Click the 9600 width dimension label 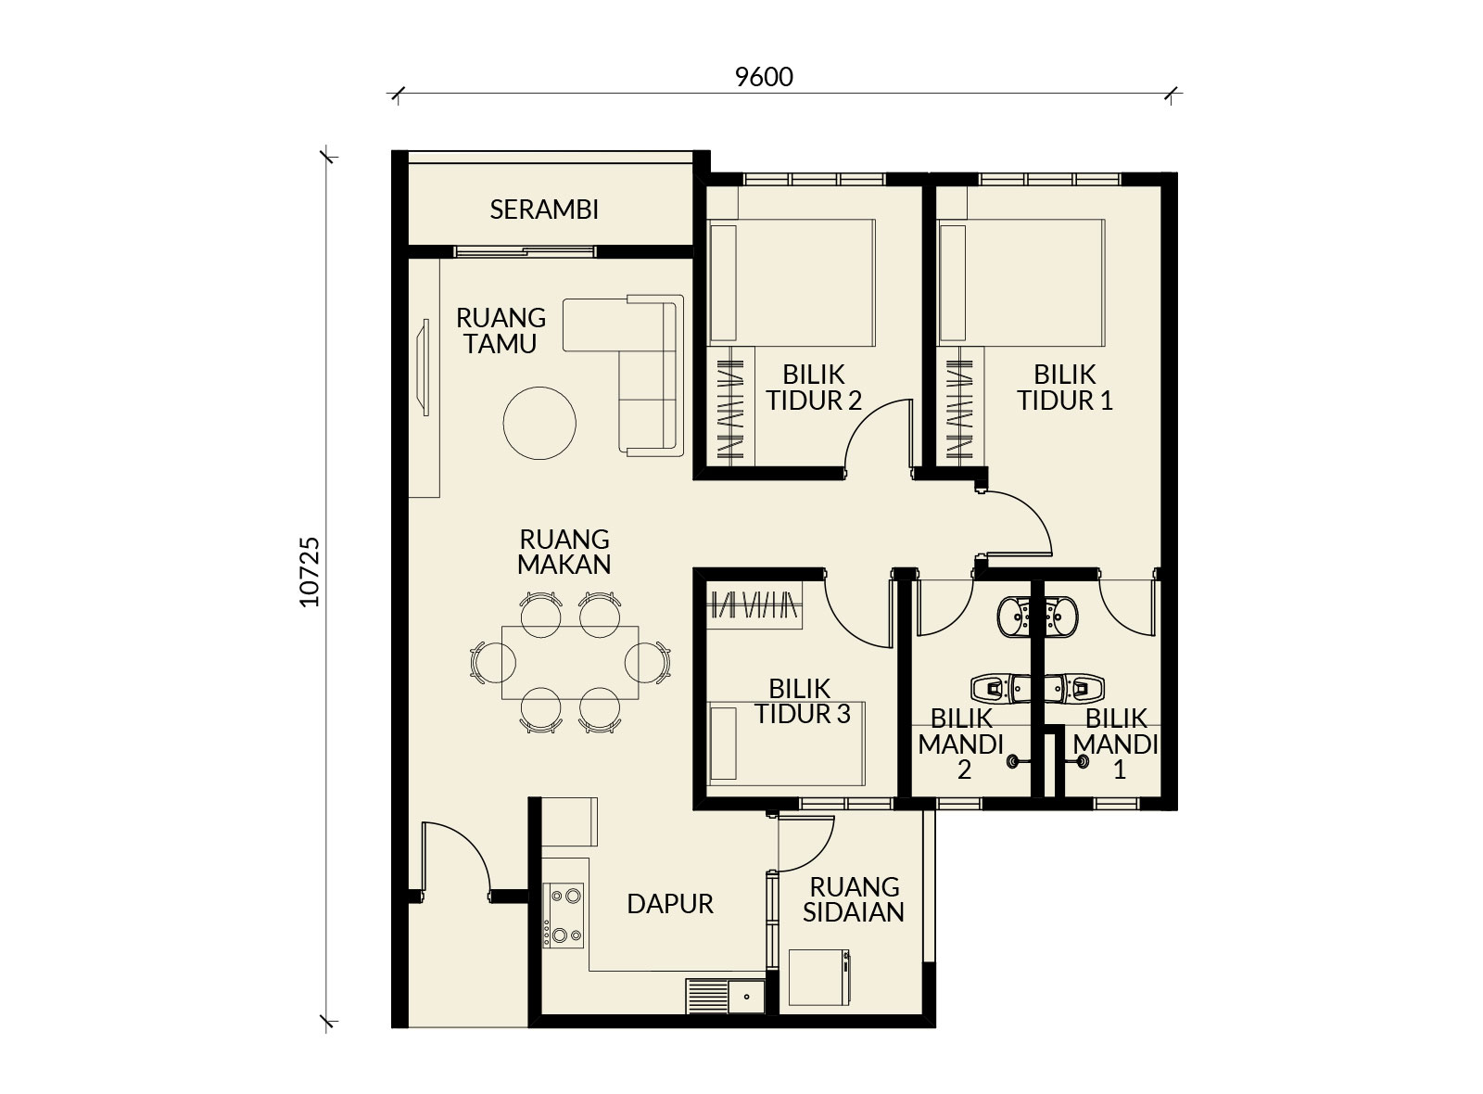[x=764, y=78]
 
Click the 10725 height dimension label [x=310, y=572]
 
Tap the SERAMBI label [x=543, y=210]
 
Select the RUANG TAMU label [x=501, y=330]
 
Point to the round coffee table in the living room [x=539, y=423]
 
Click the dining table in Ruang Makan [x=570, y=662]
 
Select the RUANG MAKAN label [x=564, y=552]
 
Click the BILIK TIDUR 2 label [x=814, y=388]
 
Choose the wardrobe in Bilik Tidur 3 [x=754, y=605]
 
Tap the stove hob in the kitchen [x=564, y=915]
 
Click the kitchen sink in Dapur [x=726, y=996]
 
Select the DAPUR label [x=670, y=904]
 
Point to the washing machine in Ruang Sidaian [x=819, y=977]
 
